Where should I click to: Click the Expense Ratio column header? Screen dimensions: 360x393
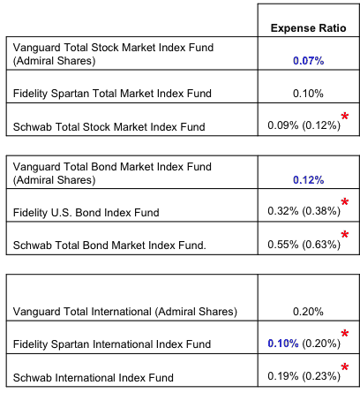pyautogui.click(x=308, y=28)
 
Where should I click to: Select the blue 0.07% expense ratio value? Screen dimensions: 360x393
pyautogui.click(x=308, y=61)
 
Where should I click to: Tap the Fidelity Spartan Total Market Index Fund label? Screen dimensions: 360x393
pyautogui.click(x=112, y=94)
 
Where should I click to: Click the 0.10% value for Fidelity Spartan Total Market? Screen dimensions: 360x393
pyautogui.click(x=308, y=94)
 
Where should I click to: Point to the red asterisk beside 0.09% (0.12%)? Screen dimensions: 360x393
pyautogui.click(x=345, y=117)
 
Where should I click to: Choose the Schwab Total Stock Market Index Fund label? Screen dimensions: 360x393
pyautogui.click(x=109, y=127)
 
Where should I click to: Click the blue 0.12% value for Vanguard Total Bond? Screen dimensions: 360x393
pyautogui.click(x=308, y=180)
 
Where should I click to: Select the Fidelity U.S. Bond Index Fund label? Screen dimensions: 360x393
pyautogui.click(x=86, y=212)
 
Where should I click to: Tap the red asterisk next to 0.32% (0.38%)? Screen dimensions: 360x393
pyautogui.click(x=345, y=202)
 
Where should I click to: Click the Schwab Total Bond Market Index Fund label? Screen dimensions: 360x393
pyautogui.click(x=109, y=245)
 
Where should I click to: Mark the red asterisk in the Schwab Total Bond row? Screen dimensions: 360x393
pyautogui.click(x=345, y=235)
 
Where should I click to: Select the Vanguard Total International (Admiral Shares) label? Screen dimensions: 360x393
pyautogui.click(x=125, y=312)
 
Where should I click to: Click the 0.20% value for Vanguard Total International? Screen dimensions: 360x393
pyautogui.click(x=308, y=312)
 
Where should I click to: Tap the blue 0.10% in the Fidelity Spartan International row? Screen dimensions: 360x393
pyautogui.click(x=283, y=344)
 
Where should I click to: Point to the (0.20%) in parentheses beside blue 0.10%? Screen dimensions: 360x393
pyautogui.click(x=321, y=344)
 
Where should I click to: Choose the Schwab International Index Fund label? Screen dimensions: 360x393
pyautogui.click(x=94, y=377)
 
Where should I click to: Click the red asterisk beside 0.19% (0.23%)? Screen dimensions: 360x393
pyautogui.click(x=345, y=367)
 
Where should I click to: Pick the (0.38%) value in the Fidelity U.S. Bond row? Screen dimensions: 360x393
pyautogui.click(x=321, y=211)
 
